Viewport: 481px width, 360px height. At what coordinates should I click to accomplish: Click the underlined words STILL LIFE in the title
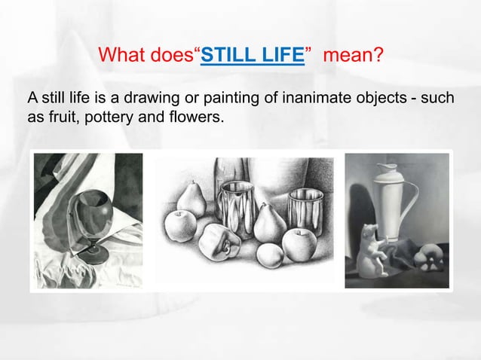[253, 56]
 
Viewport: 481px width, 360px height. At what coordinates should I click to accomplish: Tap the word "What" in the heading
[120, 56]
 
